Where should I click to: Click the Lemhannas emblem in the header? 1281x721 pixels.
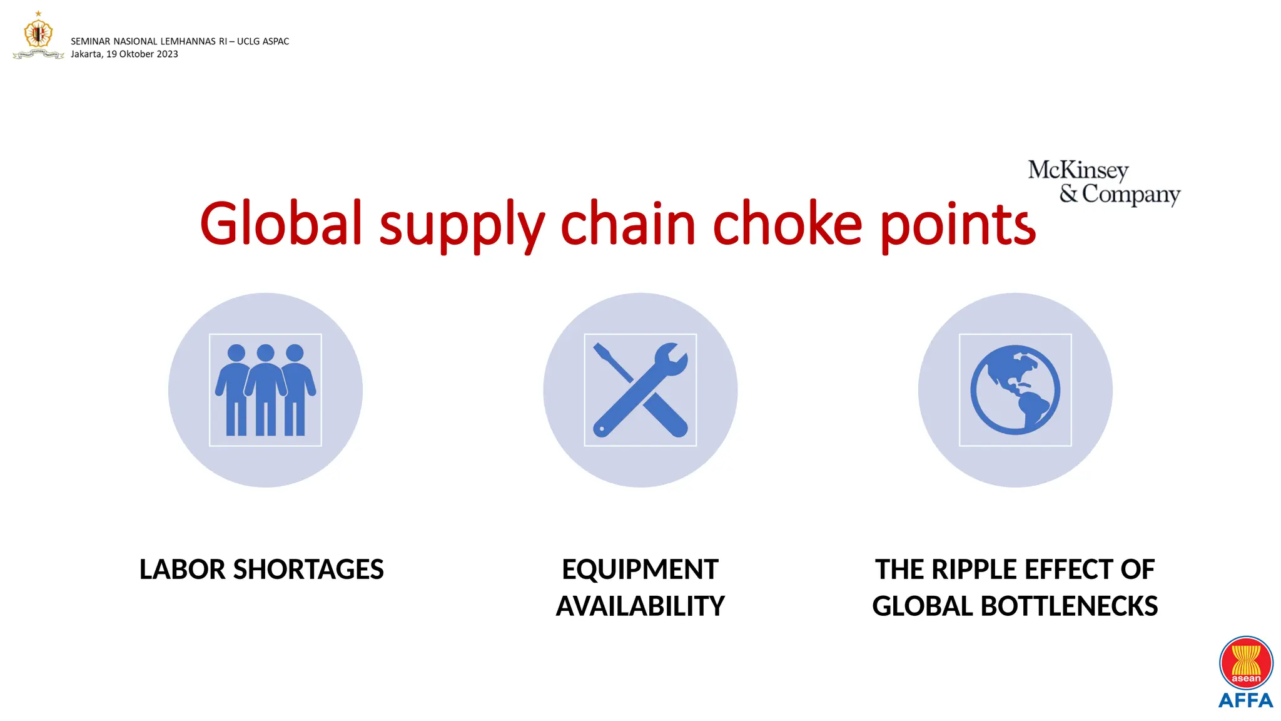[x=38, y=35]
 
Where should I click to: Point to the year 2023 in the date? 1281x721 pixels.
[x=167, y=54]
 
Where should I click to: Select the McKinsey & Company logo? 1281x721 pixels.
[x=1104, y=182]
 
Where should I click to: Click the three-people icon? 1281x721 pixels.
[x=265, y=390]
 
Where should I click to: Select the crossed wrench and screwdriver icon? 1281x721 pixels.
[x=640, y=390]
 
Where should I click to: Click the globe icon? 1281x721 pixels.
[x=1015, y=390]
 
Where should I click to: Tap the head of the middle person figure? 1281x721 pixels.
[x=265, y=353]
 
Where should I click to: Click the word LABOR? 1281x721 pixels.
[x=182, y=570]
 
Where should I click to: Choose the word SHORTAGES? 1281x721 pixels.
[x=308, y=570]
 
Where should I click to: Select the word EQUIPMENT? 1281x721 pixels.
[x=640, y=570]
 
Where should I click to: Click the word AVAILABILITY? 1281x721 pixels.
[x=640, y=606]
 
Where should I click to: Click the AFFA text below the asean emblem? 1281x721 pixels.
[x=1245, y=700]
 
